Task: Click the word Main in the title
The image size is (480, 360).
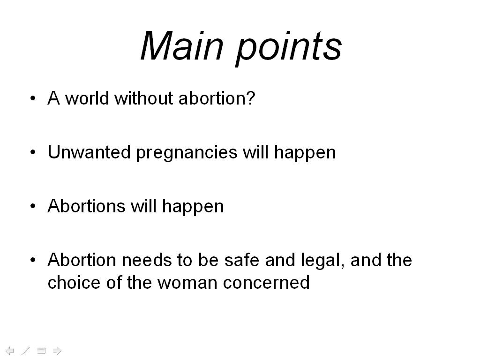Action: point(182,46)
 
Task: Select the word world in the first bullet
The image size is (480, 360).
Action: point(87,98)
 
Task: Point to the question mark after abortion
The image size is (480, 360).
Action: point(251,98)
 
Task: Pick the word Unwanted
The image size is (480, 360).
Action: point(89,152)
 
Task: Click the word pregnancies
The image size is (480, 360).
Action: point(187,154)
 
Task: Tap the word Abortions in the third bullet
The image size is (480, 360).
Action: point(87,206)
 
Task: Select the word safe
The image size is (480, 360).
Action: point(242,260)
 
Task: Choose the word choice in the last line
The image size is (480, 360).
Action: point(75,282)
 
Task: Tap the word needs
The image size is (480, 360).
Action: point(146,260)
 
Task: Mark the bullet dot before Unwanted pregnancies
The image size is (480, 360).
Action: point(33,152)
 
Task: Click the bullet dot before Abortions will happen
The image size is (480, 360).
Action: point(33,206)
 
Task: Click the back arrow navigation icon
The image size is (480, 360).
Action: point(10,351)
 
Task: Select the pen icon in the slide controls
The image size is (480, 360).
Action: point(26,351)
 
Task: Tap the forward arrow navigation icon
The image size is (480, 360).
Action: point(57,351)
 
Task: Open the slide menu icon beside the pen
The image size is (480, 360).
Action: point(41,351)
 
